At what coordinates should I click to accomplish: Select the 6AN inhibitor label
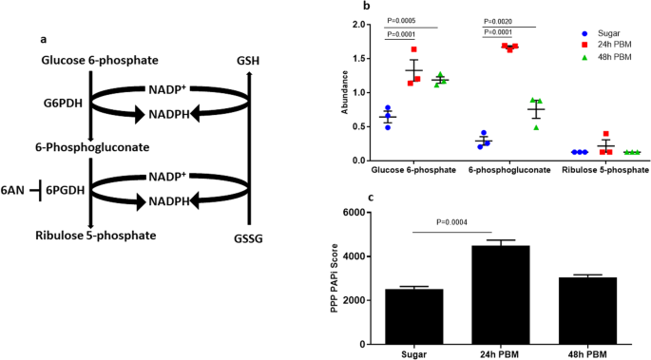click(13, 191)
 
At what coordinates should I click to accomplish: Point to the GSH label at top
click(249, 61)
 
